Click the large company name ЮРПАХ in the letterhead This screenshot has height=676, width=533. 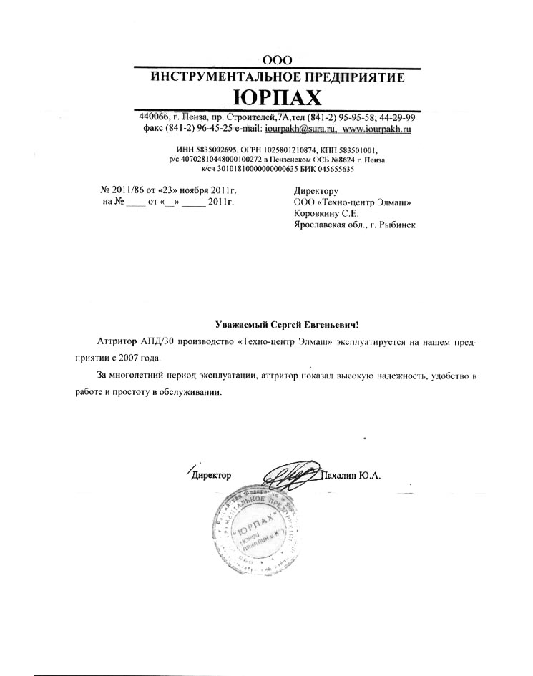(x=278, y=97)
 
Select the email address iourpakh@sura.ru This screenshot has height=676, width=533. (x=300, y=129)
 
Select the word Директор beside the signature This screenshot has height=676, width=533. (x=212, y=476)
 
